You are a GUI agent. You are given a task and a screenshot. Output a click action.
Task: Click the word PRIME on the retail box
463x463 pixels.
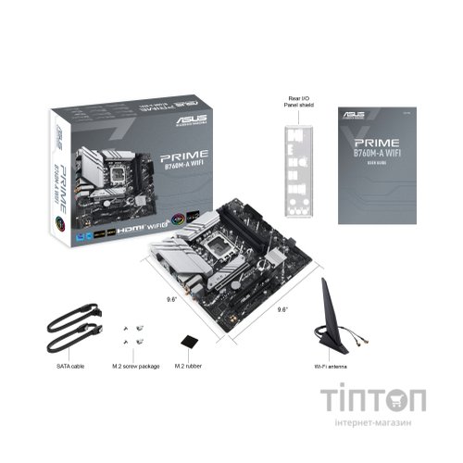click(x=183, y=156)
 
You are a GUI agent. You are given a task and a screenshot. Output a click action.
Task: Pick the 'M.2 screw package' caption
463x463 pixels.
click(x=133, y=368)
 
